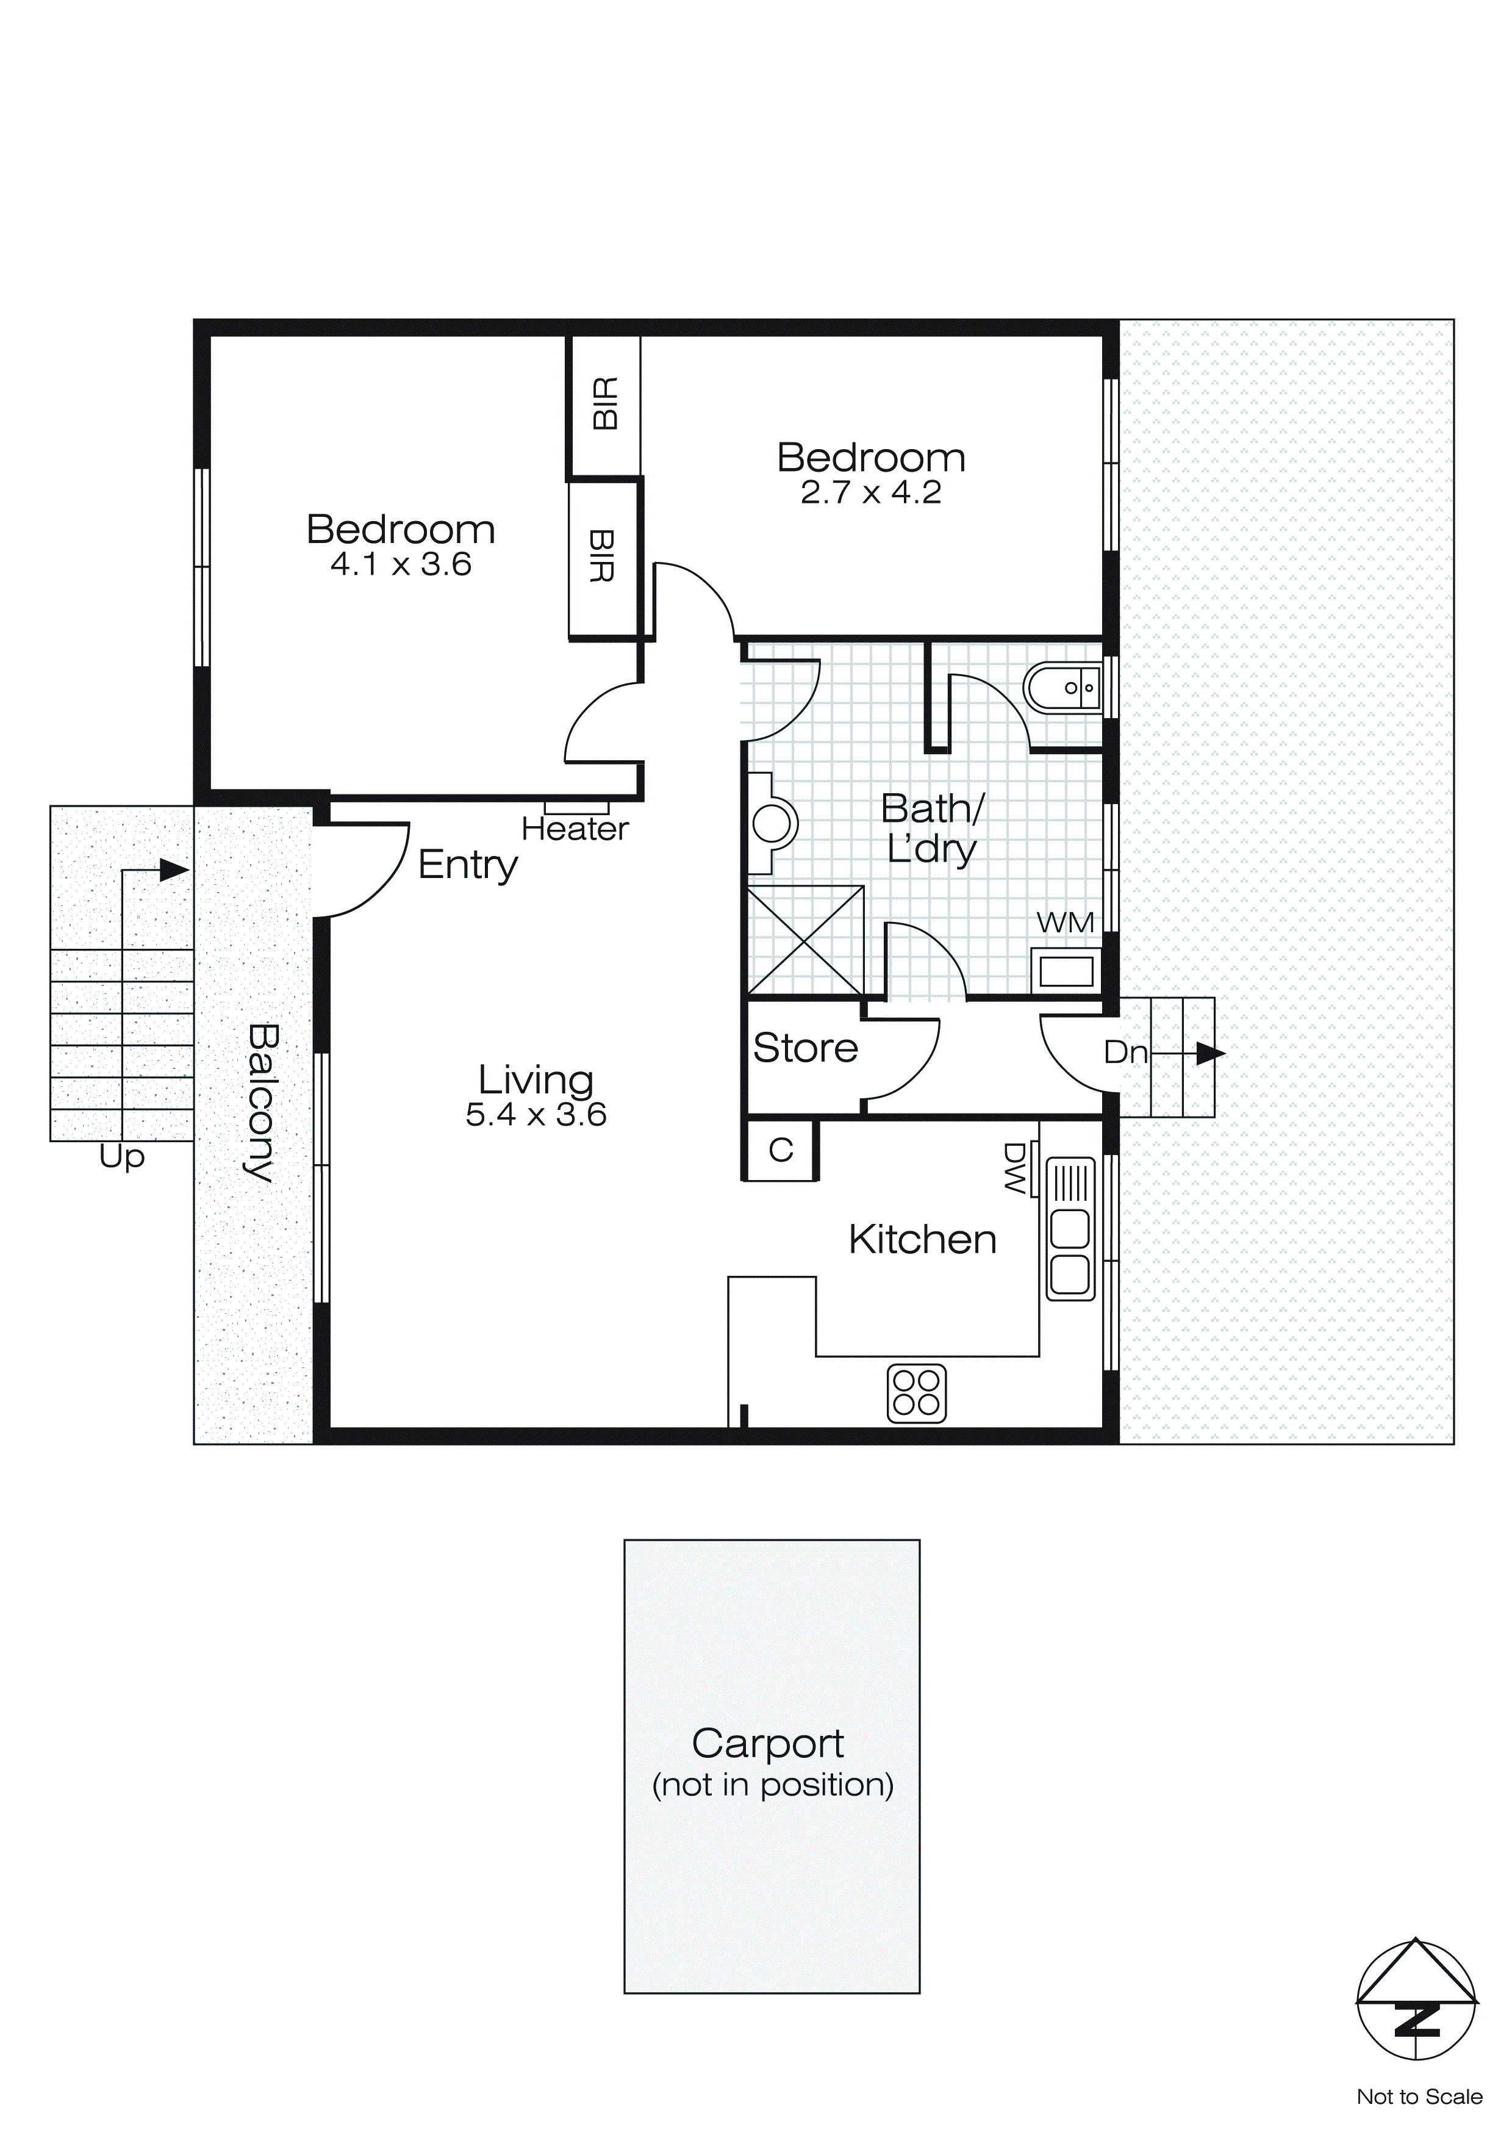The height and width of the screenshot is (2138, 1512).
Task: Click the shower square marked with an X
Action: pos(805,940)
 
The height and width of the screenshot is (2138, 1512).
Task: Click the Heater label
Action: pos(575,829)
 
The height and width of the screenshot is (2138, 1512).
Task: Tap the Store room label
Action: pos(804,1048)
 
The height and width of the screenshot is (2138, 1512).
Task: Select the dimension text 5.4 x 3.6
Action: pos(536,1115)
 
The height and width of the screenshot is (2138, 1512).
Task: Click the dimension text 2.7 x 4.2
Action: pos(870,492)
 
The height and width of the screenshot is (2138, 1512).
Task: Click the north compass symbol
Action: pos(1416,2001)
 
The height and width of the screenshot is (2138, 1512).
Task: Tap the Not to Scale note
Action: pos(1418,2096)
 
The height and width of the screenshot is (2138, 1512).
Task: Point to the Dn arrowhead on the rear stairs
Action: pos(1209,1053)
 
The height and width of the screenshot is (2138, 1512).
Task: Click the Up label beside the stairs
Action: pos(122,1157)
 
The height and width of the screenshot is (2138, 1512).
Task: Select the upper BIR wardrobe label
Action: pos(605,403)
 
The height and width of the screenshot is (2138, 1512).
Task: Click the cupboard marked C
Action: pos(780,1151)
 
